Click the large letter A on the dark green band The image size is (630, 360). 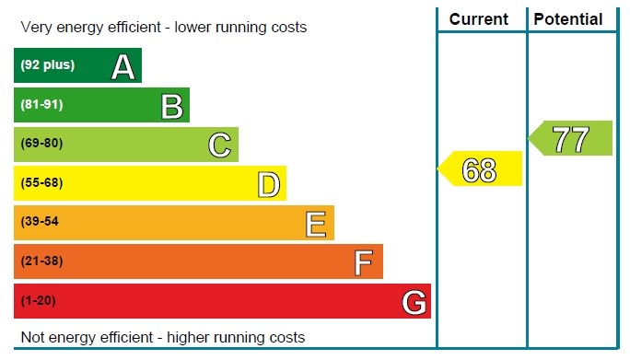[122, 66]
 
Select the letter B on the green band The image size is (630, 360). [172, 107]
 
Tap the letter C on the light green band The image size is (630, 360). [220, 145]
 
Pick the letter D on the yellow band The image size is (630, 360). [268, 184]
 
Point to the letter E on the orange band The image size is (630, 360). [316, 224]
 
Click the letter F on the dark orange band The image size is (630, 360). [364, 262]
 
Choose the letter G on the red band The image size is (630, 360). [414, 302]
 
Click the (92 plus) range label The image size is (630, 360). [47, 64]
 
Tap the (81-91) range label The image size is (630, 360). [41, 104]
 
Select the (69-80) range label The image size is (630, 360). [41, 143]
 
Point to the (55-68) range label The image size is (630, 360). [41, 182]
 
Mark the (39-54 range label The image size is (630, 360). [40, 221]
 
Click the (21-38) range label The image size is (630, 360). [41, 261]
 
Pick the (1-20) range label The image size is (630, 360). [38, 300]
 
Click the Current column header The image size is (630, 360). [479, 19]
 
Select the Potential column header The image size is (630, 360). [568, 19]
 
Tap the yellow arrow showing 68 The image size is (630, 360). [480, 168]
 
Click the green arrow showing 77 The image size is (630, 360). [570, 138]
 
